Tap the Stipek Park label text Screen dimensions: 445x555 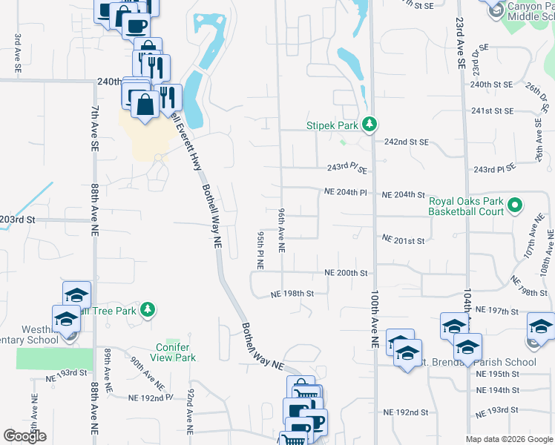(x=332, y=126)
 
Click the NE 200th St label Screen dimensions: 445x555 (x=347, y=273)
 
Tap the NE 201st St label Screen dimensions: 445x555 (x=403, y=240)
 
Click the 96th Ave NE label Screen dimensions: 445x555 (x=282, y=229)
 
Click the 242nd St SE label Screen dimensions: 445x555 (x=406, y=142)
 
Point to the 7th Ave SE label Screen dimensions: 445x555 (x=95, y=128)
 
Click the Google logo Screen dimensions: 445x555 (x=24, y=436)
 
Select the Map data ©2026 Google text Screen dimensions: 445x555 (x=509, y=439)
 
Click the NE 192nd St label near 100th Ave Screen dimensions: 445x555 (x=406, y=412)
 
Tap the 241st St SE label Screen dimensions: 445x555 (x=493, y=111)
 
